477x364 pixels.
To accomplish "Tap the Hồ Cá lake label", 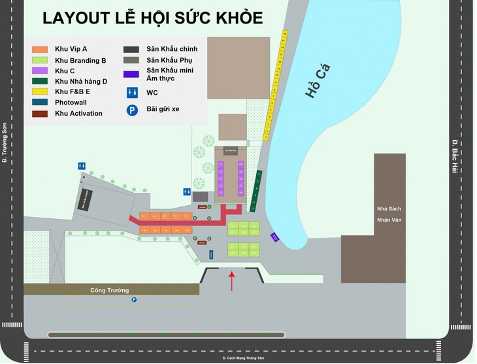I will [318, 81].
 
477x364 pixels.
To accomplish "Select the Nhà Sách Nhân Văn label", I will [389, 214].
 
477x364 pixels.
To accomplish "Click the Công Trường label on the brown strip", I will [109, 290].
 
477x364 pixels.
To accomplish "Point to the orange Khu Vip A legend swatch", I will [41, 50].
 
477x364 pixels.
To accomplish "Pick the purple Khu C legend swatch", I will [41, 71].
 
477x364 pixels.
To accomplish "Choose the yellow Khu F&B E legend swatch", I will [41, 91].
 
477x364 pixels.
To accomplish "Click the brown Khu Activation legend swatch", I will [41, 113].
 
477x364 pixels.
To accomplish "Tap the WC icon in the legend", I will [131, 93].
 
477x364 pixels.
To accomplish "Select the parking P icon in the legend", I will [131, 110].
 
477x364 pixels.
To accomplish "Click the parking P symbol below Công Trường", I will [134, 300].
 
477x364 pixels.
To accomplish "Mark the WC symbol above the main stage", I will [82, 166].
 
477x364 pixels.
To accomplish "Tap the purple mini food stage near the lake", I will [275, 237].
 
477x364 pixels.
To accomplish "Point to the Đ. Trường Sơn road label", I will [5, 142].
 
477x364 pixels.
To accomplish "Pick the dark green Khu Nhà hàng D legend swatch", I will [41, 81].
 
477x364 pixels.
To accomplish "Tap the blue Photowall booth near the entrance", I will [210, 254].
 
